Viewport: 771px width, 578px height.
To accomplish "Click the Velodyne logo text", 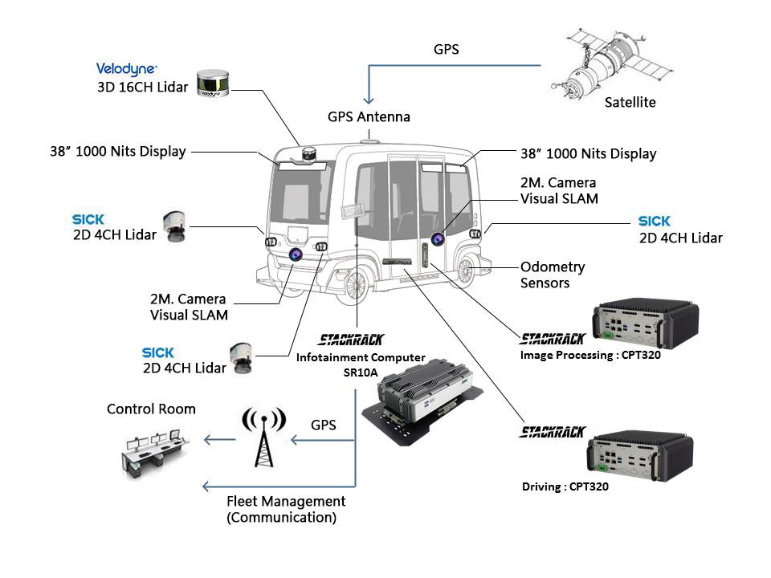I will [x=127, y=69].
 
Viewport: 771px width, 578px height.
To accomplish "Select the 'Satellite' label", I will [x=630, y=103].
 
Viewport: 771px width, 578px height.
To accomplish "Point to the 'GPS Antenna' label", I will [x=369, y=117].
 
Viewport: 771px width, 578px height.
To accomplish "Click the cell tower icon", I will [x=263, y=437].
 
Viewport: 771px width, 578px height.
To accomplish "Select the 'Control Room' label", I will [x=151, y=409].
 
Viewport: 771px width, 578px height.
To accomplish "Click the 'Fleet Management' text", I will [x=286, y=502].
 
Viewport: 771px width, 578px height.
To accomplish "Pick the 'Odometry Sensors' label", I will [x=553, y=275].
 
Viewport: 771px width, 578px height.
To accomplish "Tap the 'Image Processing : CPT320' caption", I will [x=590, y=355].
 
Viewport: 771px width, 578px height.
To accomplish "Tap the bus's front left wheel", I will [x=356, y=283].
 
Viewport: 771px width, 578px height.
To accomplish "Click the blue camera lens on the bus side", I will [x=438, y=238].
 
